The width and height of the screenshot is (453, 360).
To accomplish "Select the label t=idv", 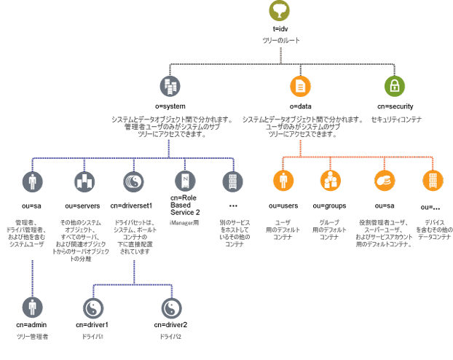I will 280,29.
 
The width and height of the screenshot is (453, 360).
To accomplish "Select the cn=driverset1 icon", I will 135,181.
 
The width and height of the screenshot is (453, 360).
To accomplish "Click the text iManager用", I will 184,222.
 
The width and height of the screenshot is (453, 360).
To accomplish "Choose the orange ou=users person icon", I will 284,181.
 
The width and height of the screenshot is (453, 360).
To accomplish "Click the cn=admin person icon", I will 32,308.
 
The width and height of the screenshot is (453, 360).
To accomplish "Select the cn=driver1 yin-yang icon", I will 92,308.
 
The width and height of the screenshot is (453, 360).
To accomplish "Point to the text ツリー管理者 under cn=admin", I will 32,337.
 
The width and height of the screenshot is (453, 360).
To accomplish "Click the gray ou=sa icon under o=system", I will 32,181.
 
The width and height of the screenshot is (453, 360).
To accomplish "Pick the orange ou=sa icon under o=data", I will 384,181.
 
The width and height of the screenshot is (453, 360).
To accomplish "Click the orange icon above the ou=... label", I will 432,181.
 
